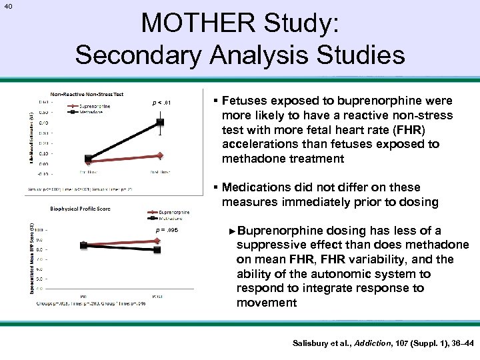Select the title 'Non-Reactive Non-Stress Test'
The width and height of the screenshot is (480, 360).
pyautogui.click(x=87, y=94)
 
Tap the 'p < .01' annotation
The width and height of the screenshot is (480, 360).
pyautogui.click(x=162, y=103)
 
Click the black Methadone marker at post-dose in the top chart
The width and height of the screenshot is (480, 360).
pyautogui.click(x=160, y=122)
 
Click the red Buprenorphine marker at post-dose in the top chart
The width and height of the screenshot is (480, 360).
pyautogui.click(x=160, y=155)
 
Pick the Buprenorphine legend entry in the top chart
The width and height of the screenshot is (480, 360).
pyautogui.click(x=95, y=105)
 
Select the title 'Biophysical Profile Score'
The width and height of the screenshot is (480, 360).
pyautogui.click(x=80, y=208)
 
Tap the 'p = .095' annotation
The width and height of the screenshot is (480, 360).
pyautogui.click(x=166, y=230)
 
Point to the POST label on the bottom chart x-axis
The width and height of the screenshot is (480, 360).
pyautogui.click(x=157, y=296)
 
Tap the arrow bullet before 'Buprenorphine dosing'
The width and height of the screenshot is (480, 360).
pyautogui.click(x=231, y=231)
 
